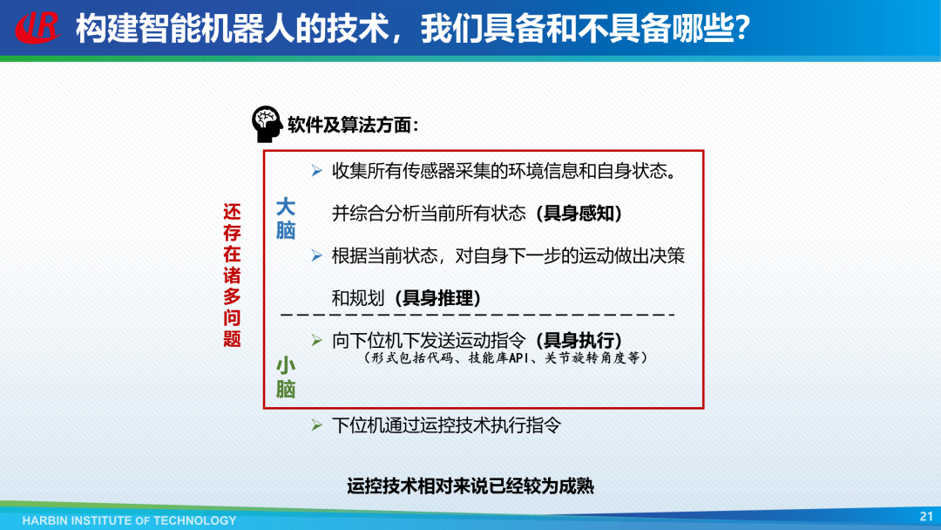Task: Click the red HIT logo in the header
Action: coord(37,27)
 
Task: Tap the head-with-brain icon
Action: coord(267,124)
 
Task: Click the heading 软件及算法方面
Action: coord(353,125)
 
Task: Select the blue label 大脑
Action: coord(286,219)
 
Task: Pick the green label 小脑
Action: coord(286,377)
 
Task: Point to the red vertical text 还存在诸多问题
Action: coord(233,275)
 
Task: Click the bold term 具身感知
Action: coord(579,213)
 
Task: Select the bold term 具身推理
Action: coord(438,298)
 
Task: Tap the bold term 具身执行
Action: coord(579,340)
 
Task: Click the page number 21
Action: coord(926,516)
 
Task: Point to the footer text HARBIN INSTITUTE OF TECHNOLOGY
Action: coord(130,520)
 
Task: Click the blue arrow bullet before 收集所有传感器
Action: coord(317,172)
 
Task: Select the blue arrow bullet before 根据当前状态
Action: coord(317,256)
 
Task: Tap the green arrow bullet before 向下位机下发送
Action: coord(317,341)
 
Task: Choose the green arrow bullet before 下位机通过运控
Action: coord(317,425)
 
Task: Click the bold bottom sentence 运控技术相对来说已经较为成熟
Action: coord(470,486)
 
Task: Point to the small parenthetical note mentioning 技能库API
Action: coord(506,357)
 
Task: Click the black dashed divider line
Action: coord(477,315)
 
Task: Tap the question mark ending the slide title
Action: coord(742,28)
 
